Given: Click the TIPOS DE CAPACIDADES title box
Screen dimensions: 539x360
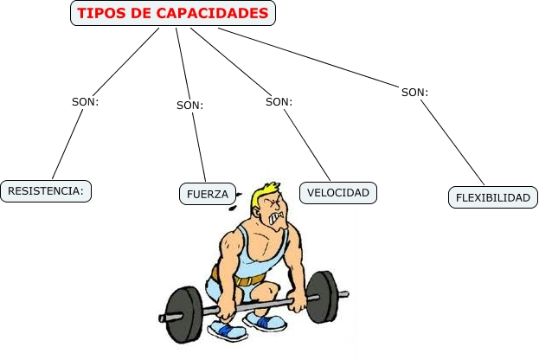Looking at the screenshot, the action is click(x=173, y=14).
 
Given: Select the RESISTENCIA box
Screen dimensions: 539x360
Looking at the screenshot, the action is click(x=46, y=190).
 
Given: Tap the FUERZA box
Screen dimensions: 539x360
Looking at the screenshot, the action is click(x=208, y=194).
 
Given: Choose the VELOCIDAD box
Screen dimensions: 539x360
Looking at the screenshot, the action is click(x=338, y=192).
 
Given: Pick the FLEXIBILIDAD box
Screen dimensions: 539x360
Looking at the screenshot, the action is click(x=493, y=197).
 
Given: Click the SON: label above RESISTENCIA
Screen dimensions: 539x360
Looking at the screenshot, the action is click(x=86, y=101).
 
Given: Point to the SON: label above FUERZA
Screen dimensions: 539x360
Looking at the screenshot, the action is click(x=189, y=106).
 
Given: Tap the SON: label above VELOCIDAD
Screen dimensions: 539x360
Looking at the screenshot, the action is click(x=279, y=101).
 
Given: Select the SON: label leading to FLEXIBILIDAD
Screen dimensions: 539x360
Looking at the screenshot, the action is click(x=415, y=92).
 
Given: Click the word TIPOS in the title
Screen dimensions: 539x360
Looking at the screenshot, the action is click(x=97, y=14).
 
